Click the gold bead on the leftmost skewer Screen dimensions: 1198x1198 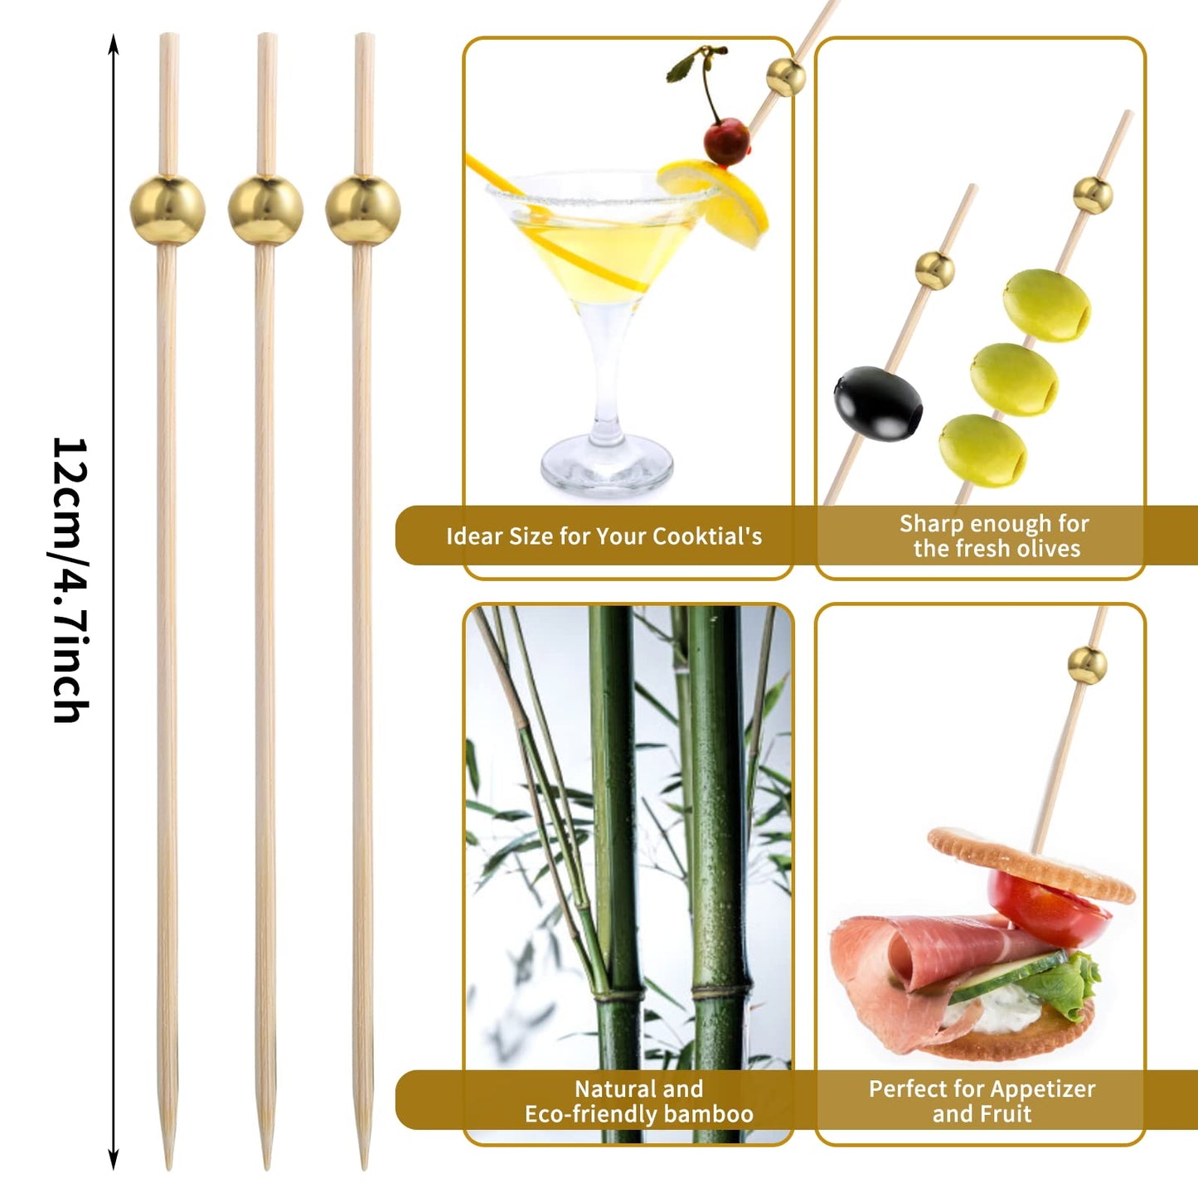click(167, 211)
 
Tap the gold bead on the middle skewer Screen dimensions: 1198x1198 click(265, 211)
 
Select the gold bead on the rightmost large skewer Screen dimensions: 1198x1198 click(363, 211)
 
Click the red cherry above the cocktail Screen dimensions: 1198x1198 click(727, 141)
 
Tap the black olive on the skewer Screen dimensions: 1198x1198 click(878, 404)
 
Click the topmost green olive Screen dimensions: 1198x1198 click(1046, 305)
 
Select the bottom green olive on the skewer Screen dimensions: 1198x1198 click(982, 450)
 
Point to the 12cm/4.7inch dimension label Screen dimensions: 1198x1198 click(70, 580)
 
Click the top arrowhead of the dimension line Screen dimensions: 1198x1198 click(114, 42)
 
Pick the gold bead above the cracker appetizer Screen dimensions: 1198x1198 click(1087, 664)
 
